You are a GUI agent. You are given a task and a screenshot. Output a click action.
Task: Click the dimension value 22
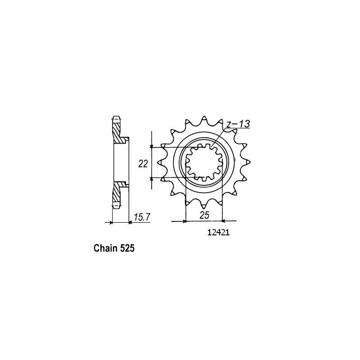tap(143, 164)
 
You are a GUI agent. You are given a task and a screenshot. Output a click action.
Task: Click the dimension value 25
tap(204, 216)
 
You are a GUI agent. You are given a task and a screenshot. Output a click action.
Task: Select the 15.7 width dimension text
tap(142, 217)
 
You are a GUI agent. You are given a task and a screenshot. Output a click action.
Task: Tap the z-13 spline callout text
tap(238, 124)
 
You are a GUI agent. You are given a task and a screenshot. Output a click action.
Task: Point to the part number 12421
tap(218, 233)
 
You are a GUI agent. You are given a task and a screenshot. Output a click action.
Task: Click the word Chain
tap(105, 248)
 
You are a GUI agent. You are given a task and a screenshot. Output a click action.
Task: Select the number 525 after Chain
tap(127, 248)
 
